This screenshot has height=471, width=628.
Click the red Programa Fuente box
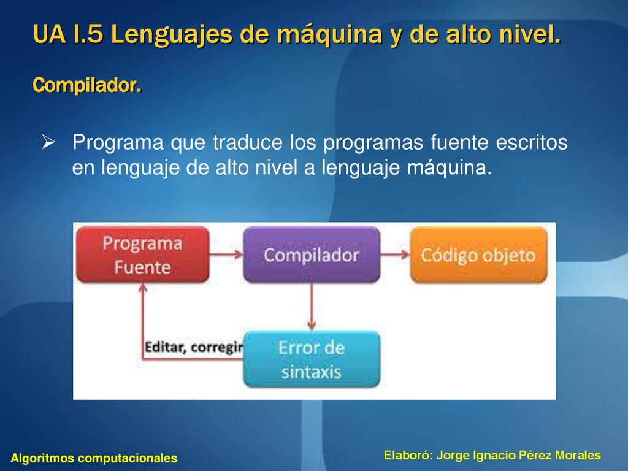tap(142, 255)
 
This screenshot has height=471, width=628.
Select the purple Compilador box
tap(312, 255)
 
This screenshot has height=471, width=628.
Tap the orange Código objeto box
tap(478, 255)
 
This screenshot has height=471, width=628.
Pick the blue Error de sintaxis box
tap(312, 359)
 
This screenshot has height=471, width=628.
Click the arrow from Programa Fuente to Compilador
tap(226, 254)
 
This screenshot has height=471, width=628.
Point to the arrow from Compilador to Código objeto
tap(395, 254)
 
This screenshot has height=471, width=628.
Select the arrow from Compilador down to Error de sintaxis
tap(312, 307)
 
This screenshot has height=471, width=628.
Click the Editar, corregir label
tap(194, 347)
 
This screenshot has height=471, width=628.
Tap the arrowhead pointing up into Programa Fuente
tap(142, 287)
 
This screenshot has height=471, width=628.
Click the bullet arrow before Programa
tap(48, 142)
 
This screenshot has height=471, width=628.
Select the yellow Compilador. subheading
tap(87, 85)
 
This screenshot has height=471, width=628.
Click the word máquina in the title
tap(329, 34)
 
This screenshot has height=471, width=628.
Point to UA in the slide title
tap(49, 34)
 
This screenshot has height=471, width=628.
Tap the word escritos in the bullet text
tap(532, 142)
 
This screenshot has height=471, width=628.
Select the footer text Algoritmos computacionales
tap(94, 458)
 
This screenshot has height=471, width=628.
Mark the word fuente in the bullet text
tap(460, 142)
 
